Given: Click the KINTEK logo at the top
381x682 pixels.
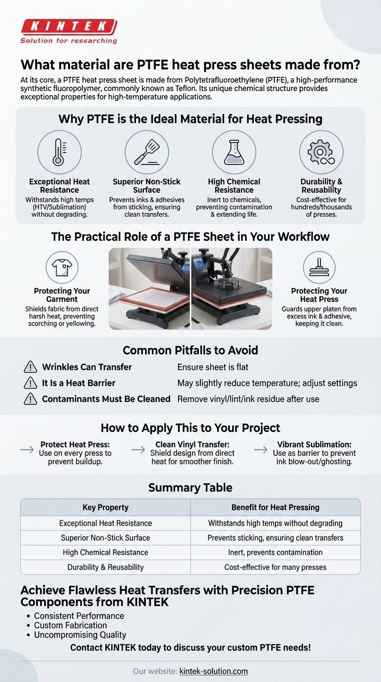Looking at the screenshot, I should click(x=68, y=31).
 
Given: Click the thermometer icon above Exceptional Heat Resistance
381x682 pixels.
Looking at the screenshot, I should click(x=60, y=152).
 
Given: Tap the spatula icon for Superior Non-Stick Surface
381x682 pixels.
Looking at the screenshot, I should click(x=146, y=152).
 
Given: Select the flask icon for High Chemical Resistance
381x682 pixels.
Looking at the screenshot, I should click(x=234, y=152).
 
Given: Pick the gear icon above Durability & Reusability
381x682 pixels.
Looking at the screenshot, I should click(x=321, y=152).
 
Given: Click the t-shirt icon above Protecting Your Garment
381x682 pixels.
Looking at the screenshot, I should click(x=62, y=267).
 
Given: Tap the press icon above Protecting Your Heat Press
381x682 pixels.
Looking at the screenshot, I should click(x=319, y=267).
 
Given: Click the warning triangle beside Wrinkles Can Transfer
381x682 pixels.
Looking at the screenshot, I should click(x=30, y=367).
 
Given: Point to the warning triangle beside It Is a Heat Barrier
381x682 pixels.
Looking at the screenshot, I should click(x=30, y=383).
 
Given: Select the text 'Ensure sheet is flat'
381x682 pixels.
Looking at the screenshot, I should click(x=213, y=367).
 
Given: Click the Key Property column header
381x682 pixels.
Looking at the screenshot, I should click(x=105, y=508).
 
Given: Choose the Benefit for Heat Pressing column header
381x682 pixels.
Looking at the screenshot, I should click(x=275, y=508).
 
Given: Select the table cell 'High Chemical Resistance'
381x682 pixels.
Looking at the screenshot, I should click(x=105, y=552).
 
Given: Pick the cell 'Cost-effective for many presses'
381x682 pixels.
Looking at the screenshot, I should click(x=275, y=567).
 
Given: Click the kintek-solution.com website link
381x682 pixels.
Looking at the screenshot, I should click(x=213, y=671).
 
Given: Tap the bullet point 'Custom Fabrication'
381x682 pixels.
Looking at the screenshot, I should click(x=70, y=625).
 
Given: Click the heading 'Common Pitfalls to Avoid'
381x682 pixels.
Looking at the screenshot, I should click(x=190, y=350).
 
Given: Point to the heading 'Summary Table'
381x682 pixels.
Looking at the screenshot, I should click(x=190, y=488).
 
